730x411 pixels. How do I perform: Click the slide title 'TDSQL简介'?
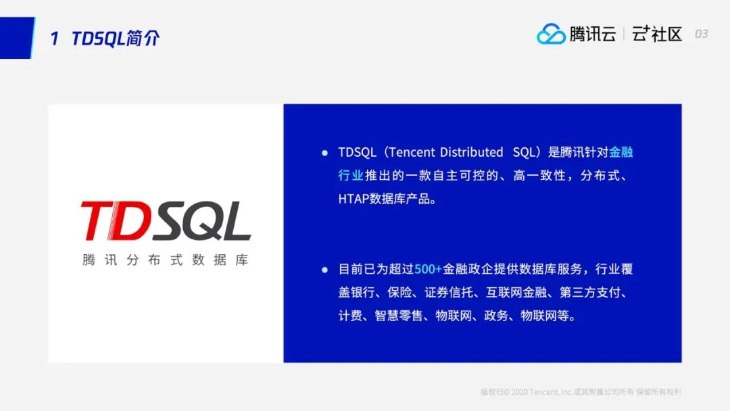(116, 38)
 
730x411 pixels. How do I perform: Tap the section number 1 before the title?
(55, 39)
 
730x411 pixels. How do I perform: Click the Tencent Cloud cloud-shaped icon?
(551, 34)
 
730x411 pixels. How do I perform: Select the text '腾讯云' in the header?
(592, 34)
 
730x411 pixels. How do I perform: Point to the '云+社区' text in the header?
(657, 34)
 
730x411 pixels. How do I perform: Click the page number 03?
(701, 34)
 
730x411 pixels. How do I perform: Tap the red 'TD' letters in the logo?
(115, 221)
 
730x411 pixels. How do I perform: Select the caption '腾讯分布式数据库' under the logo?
(166, 260)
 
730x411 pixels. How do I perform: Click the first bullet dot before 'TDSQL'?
(324, 153)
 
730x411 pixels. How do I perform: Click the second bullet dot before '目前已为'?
(324, 270)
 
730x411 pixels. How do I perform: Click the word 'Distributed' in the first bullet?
(471, 152)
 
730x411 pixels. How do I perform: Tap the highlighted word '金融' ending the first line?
(621, 152)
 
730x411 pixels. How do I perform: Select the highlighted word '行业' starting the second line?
(351, 176)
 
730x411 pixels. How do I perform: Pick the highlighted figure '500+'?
(428, 270)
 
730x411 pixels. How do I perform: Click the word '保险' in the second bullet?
(400, 293)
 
